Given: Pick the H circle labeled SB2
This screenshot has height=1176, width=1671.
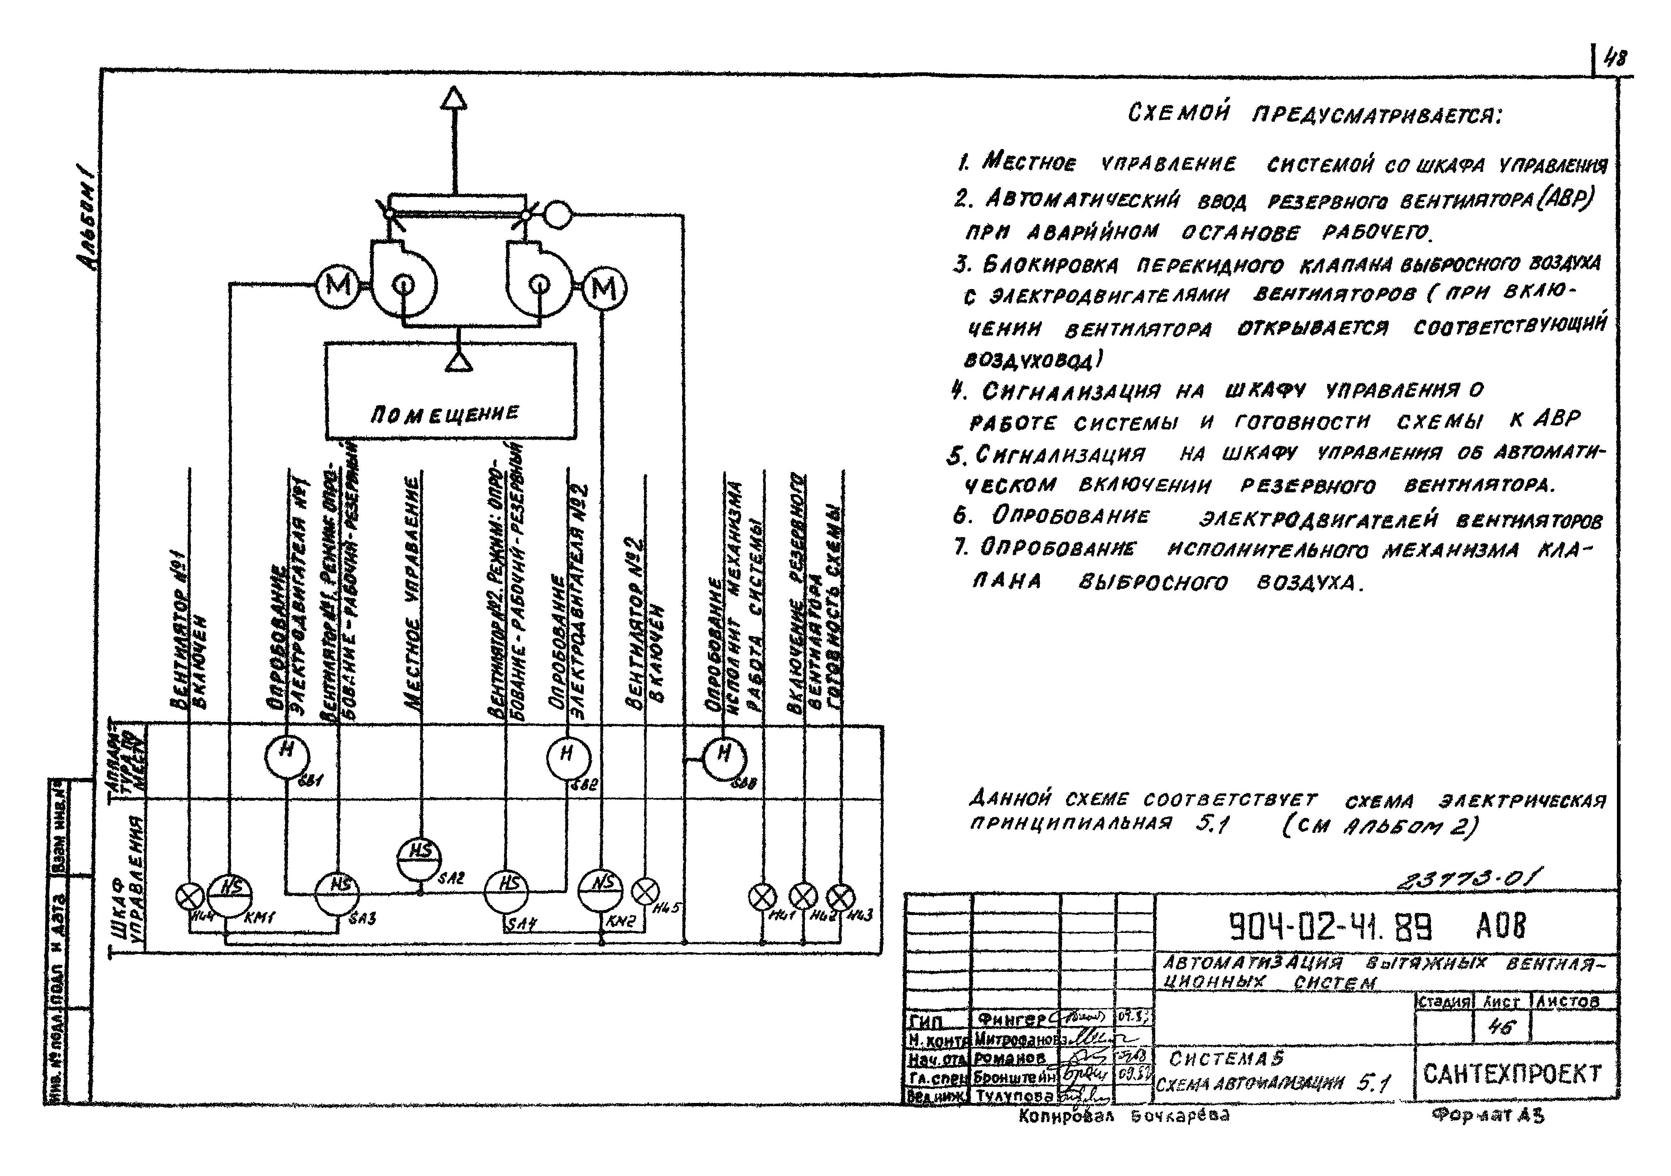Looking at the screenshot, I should pyautogui.click(x=568, y=757).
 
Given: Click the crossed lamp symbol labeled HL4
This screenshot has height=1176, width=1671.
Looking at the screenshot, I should pyautogui.click(x=191, y=896).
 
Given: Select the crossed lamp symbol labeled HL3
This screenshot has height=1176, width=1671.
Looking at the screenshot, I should pyautogui.click(x=842, y=896).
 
